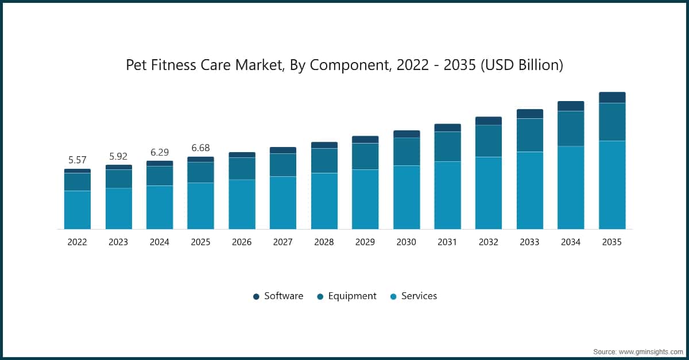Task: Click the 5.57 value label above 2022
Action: point(77,160)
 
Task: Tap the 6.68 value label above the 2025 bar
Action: point(200,148)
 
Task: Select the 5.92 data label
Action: point(118,156)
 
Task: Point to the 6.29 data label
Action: point(160,152)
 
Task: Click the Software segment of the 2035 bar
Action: point(612,98)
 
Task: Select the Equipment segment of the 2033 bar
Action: point(530,135)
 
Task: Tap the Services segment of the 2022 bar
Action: point(78,210)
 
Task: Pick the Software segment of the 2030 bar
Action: point(407,134)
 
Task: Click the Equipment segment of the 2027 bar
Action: point(283,165)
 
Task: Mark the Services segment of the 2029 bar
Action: point(365,199)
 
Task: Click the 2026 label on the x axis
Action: point(242,242)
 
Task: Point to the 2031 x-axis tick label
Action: point(447,242)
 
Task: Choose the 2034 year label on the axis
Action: point(571,242)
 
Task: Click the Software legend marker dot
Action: point(256,297)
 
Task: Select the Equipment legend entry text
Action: point(352,296)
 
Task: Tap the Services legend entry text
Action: point(419,296)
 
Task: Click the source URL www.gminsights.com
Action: point(651,352)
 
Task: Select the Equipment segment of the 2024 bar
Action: point(160,176)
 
